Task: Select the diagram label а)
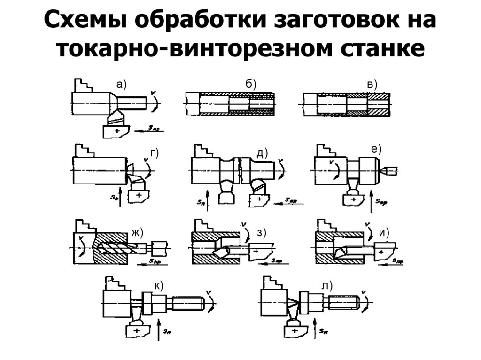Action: point(122,84)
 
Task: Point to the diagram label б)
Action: point(250,84)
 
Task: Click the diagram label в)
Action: point(372,84)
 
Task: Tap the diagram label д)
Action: point(262,153)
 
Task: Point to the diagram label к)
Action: point(159,286)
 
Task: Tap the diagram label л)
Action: point(327,286)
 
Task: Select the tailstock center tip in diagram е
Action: point(388,169)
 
